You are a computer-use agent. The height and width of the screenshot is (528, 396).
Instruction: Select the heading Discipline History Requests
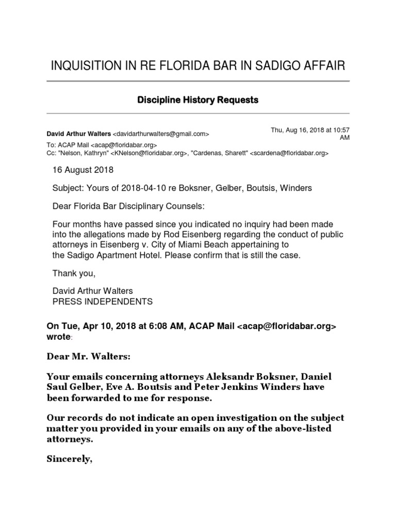(197, 100)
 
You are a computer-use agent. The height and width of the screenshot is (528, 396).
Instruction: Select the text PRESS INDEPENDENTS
(103, 301)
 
